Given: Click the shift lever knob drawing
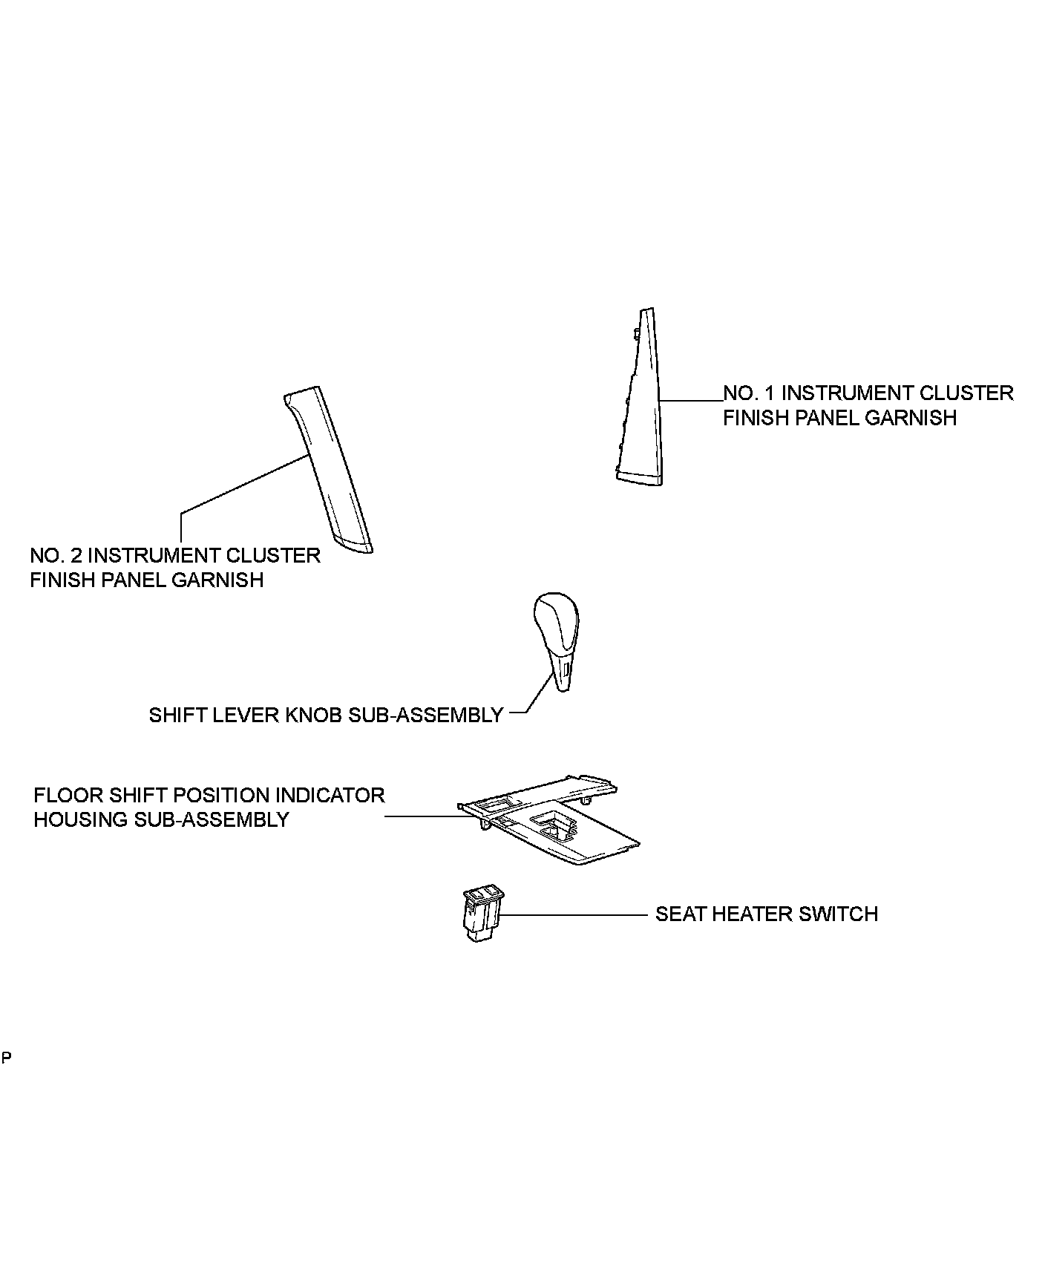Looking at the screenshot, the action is [x=557, y=638].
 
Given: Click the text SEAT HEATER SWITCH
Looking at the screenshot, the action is [x=766, y=914].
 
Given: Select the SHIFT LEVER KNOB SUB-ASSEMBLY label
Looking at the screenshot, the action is [x=326, y=715].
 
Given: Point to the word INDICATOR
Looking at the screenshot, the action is [x=330, y=795].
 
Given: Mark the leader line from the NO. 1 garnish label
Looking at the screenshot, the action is [x=690, y=401].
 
